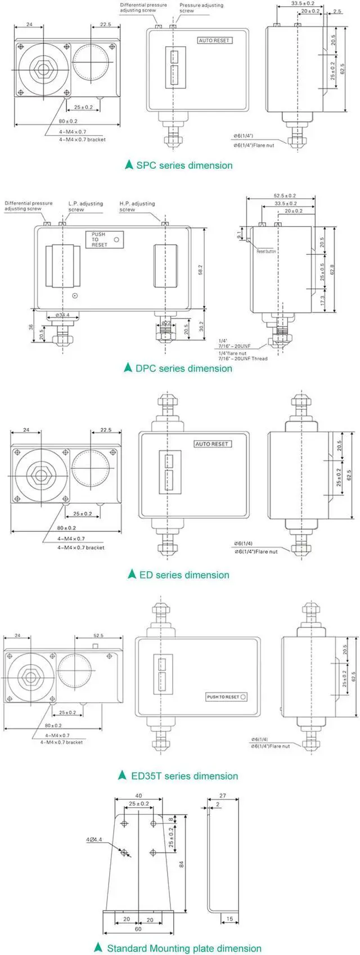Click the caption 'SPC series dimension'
coord(184,165)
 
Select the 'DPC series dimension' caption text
coord(183,369)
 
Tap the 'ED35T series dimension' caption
coord(184,776)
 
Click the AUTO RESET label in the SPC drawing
coord(214,41)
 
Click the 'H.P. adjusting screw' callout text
coord(137,207)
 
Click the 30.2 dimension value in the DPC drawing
coord(201,326)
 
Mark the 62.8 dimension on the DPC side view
coord(332,270)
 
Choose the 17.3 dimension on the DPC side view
coord(322,301)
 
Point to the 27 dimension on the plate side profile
coord(222,796)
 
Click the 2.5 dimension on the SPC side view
coord(337,11)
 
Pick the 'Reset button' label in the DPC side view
coord(267,252)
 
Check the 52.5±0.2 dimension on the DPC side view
coord(285,196)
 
